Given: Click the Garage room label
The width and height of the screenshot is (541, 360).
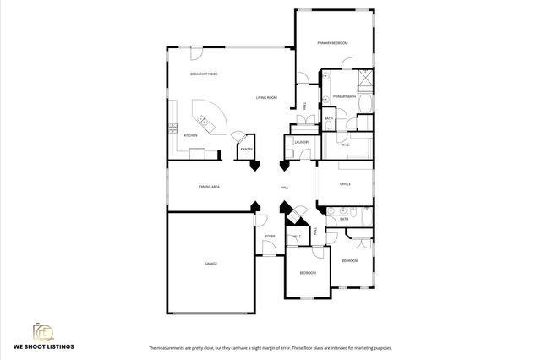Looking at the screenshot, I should [210, 264].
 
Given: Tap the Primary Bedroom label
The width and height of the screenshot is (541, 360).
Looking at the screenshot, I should [332, 42].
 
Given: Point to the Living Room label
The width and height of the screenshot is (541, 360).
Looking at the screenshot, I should [267, 98].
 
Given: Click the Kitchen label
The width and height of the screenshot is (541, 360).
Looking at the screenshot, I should [191, 135].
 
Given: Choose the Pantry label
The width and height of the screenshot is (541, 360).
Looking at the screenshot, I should [246, 150].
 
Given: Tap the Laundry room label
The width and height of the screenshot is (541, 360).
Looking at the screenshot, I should [301, 143].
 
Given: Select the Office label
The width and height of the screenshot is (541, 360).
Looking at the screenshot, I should [345, 183].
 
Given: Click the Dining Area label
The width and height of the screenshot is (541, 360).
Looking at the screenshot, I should [210, 187].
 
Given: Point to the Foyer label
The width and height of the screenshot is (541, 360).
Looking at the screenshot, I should [270, 236].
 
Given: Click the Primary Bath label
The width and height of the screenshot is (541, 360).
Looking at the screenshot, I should [345, 97].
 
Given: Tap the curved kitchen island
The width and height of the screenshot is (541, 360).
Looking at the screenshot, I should [205, 115].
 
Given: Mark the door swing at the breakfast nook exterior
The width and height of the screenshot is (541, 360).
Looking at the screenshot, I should [195, 54].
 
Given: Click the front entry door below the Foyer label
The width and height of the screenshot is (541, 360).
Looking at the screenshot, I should [270, 248].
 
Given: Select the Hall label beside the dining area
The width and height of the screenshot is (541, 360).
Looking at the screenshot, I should [285, 188].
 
